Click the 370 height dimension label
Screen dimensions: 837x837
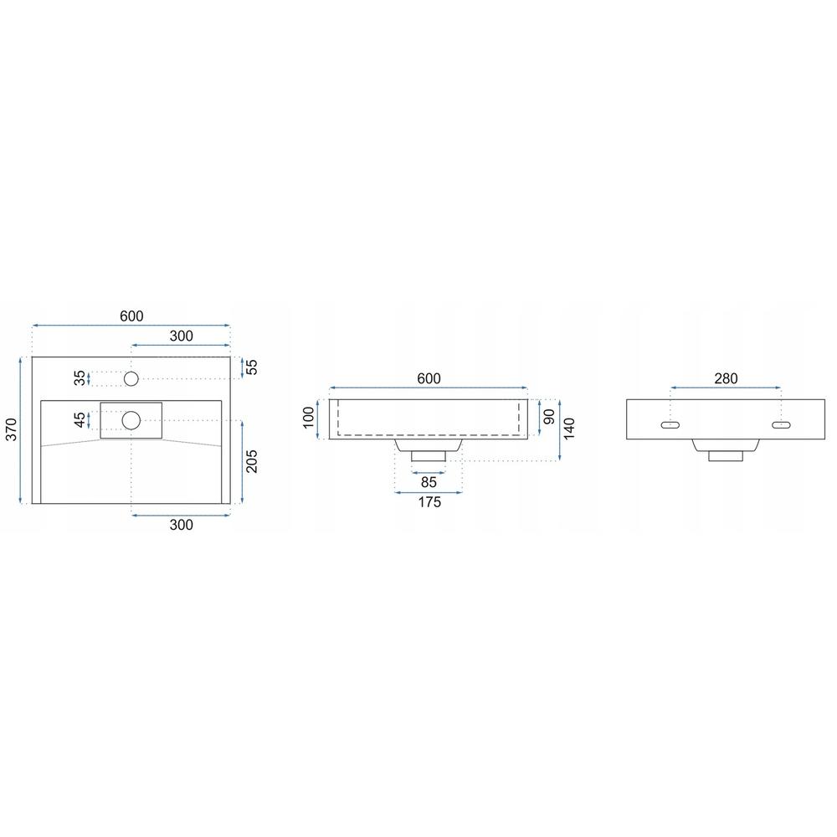11,429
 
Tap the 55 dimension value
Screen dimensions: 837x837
251,367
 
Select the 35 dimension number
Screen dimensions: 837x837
80,378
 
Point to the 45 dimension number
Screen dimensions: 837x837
80,420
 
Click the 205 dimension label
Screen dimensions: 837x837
251,461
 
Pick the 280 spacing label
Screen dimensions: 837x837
726,378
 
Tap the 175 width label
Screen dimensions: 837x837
429,501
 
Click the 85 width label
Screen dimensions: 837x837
429,482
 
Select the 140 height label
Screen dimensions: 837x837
569,429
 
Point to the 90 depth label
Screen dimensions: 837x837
549,417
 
